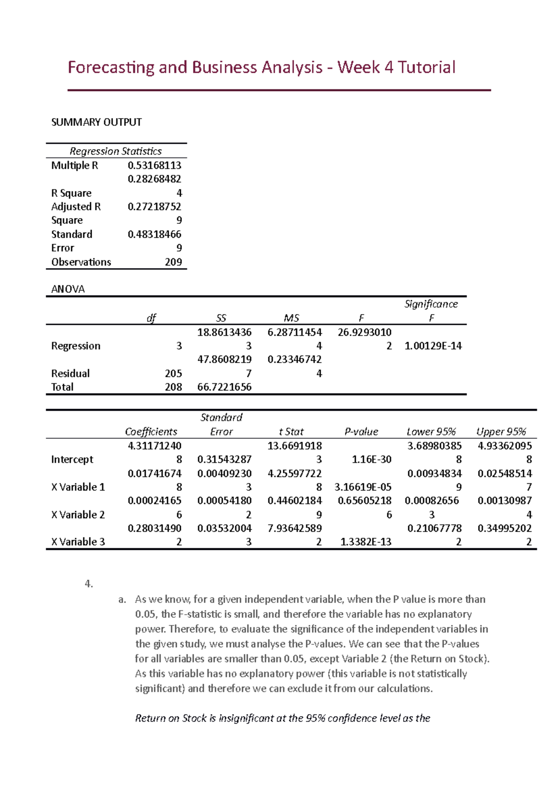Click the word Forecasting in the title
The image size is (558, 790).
click(111, 67)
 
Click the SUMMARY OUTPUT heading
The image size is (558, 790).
click(96, 122)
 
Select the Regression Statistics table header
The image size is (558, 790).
click(115, 151)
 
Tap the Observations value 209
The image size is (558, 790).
click(173, 262)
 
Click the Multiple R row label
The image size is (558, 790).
click(74, 166)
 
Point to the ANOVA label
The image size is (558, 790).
click(68, 289)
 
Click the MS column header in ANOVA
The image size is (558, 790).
click(292, 318)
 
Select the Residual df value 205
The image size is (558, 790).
click(173, 374)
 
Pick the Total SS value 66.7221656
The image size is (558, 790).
click(224, 387)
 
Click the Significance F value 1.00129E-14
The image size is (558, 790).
click(433, 346)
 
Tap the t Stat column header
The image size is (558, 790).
click(291, 432)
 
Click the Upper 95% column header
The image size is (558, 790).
click(501, 432)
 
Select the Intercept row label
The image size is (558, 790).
click(72, 460)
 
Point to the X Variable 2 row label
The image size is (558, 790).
click(78, 515)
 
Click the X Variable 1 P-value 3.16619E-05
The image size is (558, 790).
click(363, 487)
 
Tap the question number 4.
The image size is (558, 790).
click(89, 584)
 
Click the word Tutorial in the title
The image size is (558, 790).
click(426, 67)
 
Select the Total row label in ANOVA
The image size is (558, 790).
click(62, 387)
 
